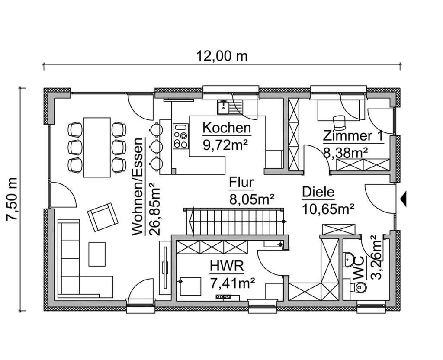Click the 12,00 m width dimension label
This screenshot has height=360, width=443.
point(222,56)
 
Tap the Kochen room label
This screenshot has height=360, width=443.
point(227,128)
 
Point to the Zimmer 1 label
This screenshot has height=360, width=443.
point(353,136)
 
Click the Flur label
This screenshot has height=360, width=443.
point(241,183)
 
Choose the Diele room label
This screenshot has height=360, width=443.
point(318,192)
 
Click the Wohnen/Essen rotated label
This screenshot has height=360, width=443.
point(138,187)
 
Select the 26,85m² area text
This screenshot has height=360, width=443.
point(153,208)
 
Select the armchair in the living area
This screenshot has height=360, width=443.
point(103,216)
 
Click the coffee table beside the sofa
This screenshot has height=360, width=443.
point(97,254)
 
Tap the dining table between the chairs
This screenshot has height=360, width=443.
point(97,147)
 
